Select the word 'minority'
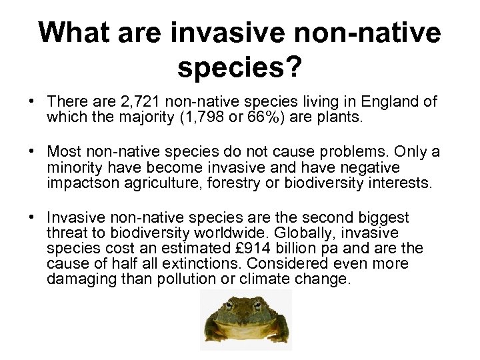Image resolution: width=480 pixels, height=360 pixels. pos(75,167)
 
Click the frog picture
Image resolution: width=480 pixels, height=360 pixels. pos(245,319)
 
